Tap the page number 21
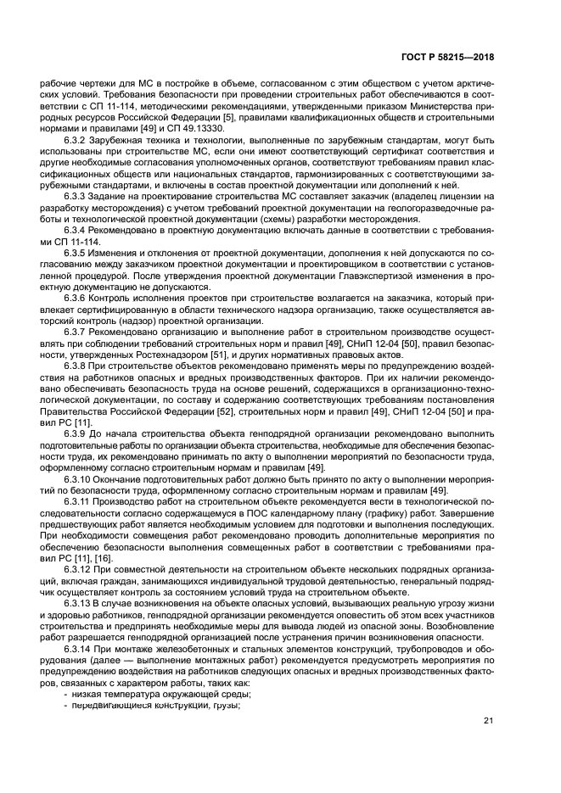(488, 722)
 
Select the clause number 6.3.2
(77, 139)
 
